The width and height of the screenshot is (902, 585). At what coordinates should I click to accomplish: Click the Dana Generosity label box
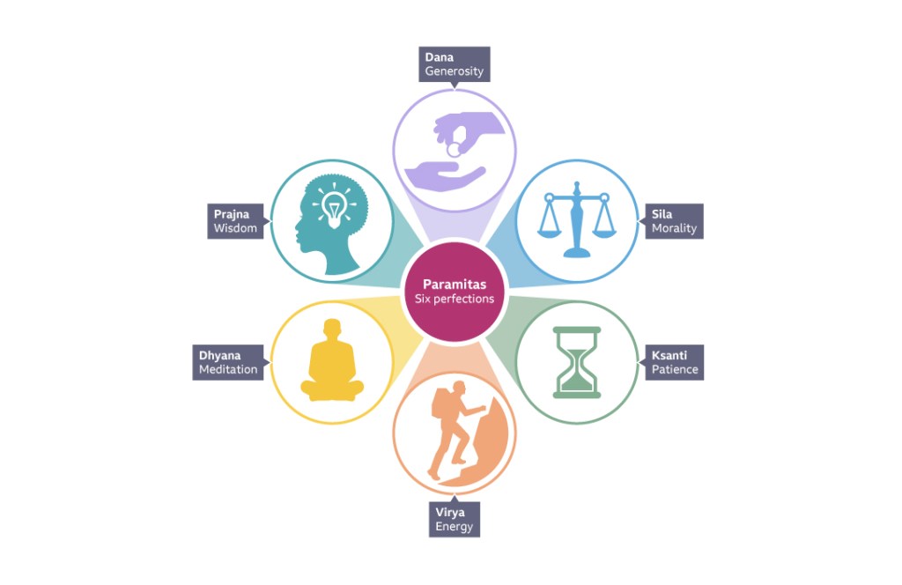click(455, 63)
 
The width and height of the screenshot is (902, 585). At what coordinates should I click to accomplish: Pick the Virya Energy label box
click(455, 520)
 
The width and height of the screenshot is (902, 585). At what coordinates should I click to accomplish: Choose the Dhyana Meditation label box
click(228, 362)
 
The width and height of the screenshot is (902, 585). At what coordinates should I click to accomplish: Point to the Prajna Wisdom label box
click(235, 221)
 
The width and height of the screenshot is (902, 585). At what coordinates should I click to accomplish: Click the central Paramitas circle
click(455, 292)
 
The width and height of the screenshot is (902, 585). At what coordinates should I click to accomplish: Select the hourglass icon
click(577, 362)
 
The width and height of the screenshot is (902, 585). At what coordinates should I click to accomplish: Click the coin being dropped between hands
click(454, 150)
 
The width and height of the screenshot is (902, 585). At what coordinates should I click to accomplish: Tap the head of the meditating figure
click(332, 329)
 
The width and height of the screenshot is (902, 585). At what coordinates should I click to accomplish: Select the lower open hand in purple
click(444, 176)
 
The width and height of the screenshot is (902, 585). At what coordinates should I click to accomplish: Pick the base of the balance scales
click(577, 252)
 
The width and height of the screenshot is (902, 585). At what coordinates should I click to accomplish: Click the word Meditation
click(228, 369)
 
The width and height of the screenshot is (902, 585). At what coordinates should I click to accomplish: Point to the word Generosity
click(455, 71)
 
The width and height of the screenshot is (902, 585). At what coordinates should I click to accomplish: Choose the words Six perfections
click(455, 300)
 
